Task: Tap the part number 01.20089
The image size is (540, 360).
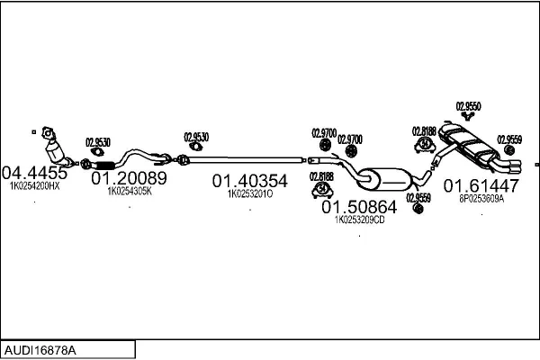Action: click(130, 178)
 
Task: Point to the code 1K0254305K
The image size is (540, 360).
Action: click(130, 191)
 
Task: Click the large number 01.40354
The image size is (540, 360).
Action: click(250, 181)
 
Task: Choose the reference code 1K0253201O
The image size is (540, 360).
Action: click(250, 193)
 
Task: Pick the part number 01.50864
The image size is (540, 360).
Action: click(359, 207)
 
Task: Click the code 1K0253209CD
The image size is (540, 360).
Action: click(359, 220)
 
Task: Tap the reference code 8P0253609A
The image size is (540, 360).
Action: click(481, 199)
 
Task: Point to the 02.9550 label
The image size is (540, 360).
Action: click(469, 104)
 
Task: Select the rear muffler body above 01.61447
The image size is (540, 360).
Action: click(472, 147)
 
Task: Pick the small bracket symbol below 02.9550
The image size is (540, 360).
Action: click(468, 115)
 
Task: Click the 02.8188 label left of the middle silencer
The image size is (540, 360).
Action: click(321, 176)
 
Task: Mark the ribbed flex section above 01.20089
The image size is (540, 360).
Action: click(101, 165)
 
